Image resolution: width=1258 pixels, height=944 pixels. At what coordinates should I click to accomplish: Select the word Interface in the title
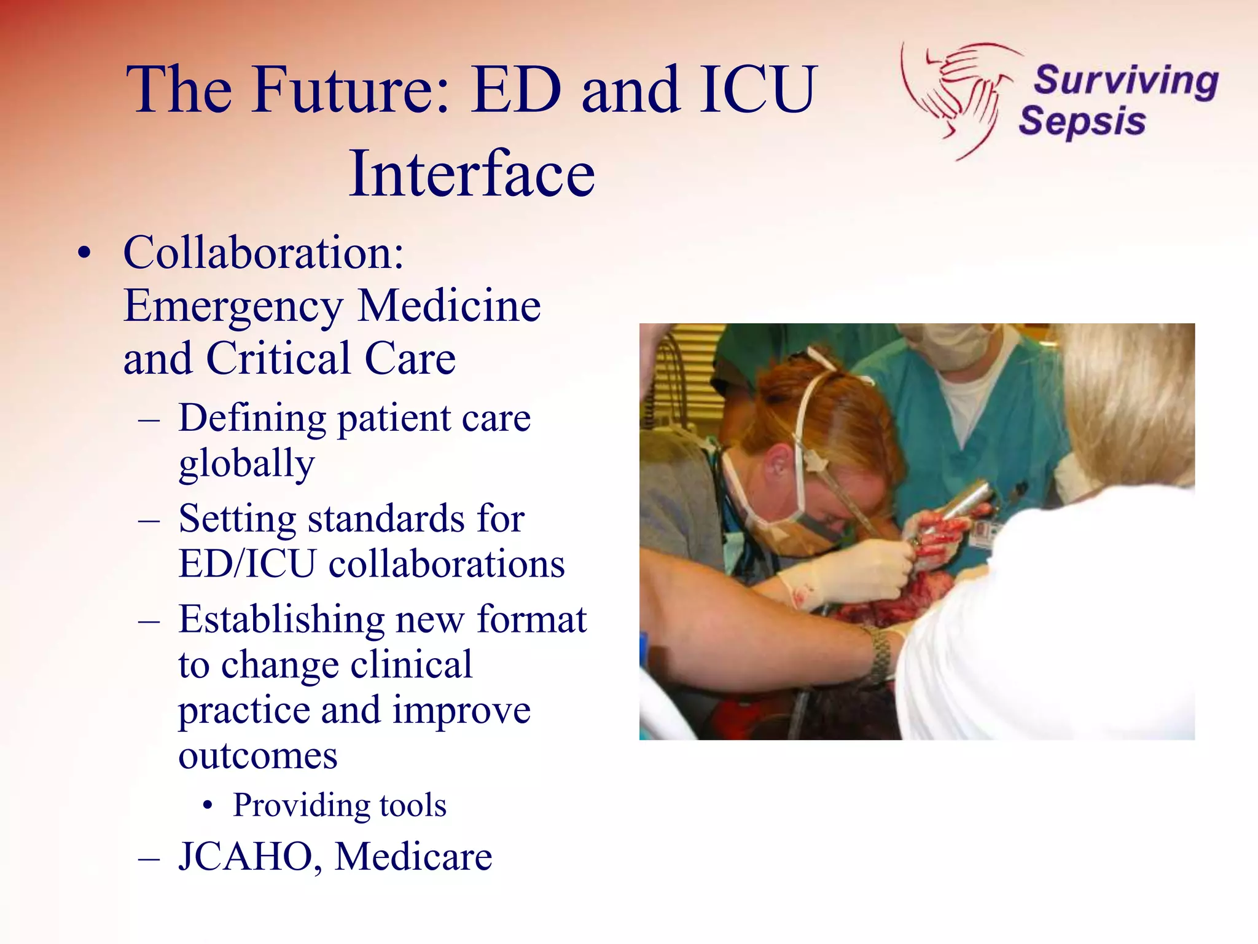(x=472, y=175)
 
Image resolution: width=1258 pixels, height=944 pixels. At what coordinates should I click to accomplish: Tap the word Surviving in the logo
(x=1125, y=81)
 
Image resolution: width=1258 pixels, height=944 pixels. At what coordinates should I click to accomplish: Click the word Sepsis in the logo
(x=1082, y=120)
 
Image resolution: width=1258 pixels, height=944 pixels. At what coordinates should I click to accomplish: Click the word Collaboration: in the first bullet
(x=264, y=253)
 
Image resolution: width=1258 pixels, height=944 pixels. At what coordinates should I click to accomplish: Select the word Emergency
(x=233, y=306)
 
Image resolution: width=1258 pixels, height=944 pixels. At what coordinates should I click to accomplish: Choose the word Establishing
(x=281, y=619)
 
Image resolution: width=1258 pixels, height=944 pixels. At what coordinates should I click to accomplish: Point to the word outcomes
(x=258, y=755)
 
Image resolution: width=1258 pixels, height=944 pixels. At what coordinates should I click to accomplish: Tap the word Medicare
(x=413, y=856)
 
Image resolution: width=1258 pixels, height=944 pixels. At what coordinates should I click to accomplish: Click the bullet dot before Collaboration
(x=84, y=253)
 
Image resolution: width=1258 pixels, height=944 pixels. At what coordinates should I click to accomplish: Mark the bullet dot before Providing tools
(x=209, y=806)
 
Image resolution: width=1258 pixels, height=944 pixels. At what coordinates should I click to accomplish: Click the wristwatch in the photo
(x=880, y=655)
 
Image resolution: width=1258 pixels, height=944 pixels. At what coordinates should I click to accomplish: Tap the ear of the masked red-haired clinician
(x=778, y=461)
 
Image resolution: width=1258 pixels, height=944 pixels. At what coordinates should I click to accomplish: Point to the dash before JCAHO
(x=149, y=857)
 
